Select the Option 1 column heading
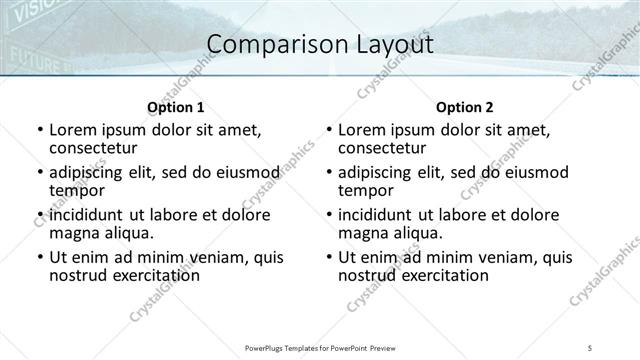[176, 107]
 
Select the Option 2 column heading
[465, 107]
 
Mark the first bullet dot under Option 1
[39, 131]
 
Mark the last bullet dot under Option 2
[329, 258]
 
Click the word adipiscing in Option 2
[381, 173]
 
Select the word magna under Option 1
[75, 233]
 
